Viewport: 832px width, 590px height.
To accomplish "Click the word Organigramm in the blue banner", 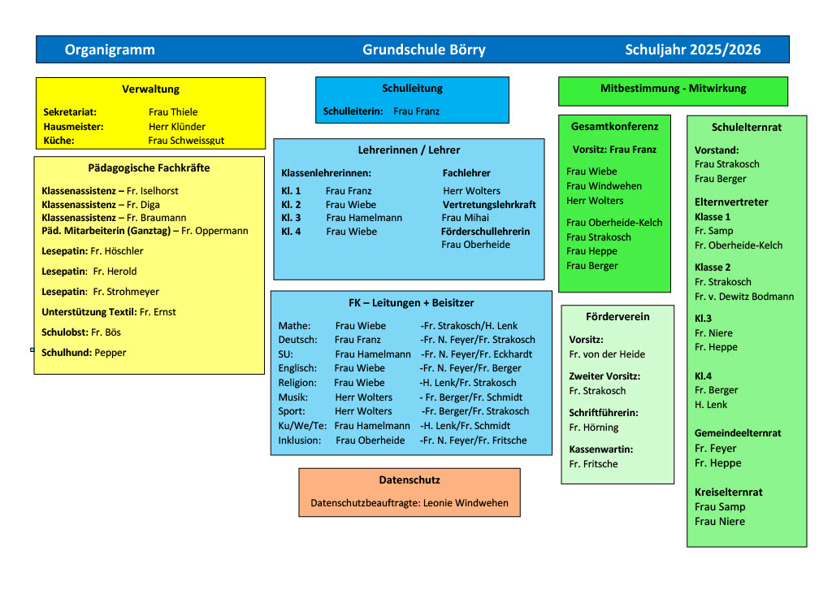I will [110, 50].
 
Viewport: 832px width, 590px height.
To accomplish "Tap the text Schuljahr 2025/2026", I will [693, 50].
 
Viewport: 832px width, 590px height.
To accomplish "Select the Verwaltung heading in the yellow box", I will [150, 89].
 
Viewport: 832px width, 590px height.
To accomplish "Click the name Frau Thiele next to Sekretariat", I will [173, 112].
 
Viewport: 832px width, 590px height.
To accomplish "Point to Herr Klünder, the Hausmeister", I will [177, 127].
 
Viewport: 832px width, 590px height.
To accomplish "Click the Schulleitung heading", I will [412, 88].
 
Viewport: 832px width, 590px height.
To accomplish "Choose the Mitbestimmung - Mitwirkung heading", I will [673, 88].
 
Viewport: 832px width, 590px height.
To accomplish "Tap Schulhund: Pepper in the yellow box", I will [84, 353].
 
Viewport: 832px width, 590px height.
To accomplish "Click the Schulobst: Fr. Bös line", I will [80, 332].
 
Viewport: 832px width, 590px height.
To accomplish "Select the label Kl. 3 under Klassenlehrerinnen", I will [291, 218].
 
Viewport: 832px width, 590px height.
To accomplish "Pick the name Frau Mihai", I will [466, 218].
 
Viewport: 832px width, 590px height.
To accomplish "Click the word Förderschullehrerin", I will [485, 232].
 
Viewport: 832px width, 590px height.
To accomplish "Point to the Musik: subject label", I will [292, 397].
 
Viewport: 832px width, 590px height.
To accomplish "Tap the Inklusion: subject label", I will [299, 440].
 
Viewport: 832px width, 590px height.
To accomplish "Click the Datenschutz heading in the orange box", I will [409, 480].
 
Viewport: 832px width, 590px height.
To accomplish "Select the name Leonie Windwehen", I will [466, 503].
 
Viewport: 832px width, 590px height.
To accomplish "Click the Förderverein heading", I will [617, 316].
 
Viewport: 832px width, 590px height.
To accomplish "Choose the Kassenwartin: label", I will [601, 449].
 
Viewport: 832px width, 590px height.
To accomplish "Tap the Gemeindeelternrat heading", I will [738, 433].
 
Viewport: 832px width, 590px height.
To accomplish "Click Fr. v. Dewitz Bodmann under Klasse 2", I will [744, 297].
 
